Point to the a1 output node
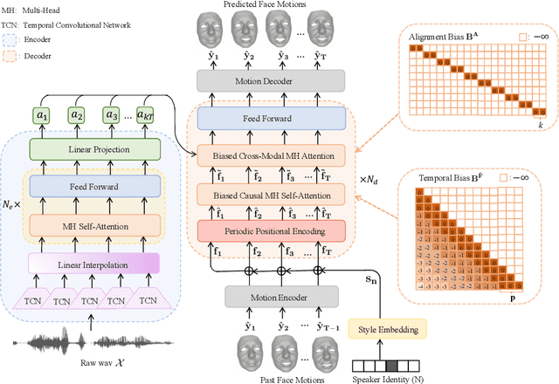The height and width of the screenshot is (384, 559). pos(40,113)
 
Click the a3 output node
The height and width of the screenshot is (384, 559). pos(111,113)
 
